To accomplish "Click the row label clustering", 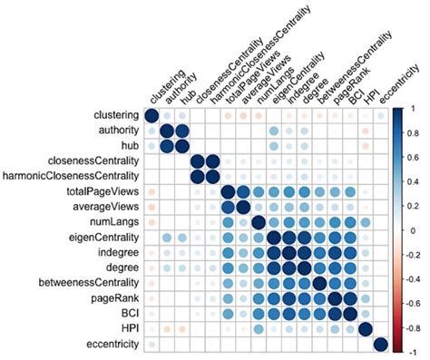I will pos(112,115).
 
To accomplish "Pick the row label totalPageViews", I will pos(102,192).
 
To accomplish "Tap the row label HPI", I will pos(124,328).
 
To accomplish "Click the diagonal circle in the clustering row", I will pos(151,115).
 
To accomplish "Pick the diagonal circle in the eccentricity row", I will pos(381,344).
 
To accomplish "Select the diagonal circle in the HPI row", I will pos(366,328).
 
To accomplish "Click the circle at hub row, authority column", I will pos(167,146).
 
